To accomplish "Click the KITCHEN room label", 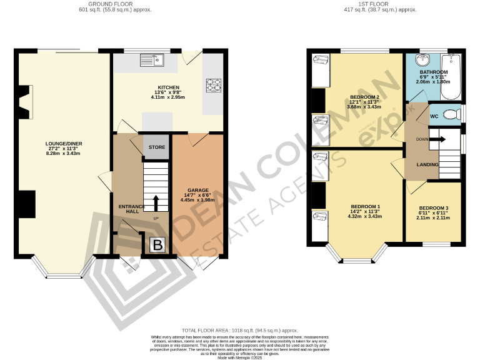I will coord(169,87).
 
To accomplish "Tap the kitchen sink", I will coord(152,61).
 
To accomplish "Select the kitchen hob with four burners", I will coord(214,84).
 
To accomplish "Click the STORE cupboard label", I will coord(156,147).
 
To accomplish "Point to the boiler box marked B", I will coord(157,244).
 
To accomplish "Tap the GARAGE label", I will coord(197,190).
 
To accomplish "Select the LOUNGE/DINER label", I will coord(64,144).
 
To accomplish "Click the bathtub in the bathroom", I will coord(450,78).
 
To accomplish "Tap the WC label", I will coord(434,116).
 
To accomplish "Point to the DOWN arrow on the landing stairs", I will coord(436,139).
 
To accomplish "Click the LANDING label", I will coord(427,164).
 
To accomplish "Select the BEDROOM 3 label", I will coord(433,207).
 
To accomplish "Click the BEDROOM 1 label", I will coord(364,206).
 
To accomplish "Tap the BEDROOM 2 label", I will coord(365,97).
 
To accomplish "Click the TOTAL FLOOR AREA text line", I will coord(239,330).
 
